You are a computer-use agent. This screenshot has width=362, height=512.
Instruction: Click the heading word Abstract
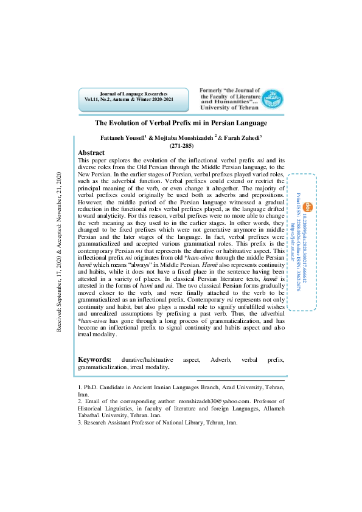pos(92,153)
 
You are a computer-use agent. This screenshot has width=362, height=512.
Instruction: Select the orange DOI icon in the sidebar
pos(307,189)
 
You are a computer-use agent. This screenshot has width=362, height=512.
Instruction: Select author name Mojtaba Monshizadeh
pos(187,138)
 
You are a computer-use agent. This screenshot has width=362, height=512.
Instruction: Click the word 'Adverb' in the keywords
pos(221,360)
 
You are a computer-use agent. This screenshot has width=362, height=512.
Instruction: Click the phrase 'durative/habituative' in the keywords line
pos(148,360)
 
